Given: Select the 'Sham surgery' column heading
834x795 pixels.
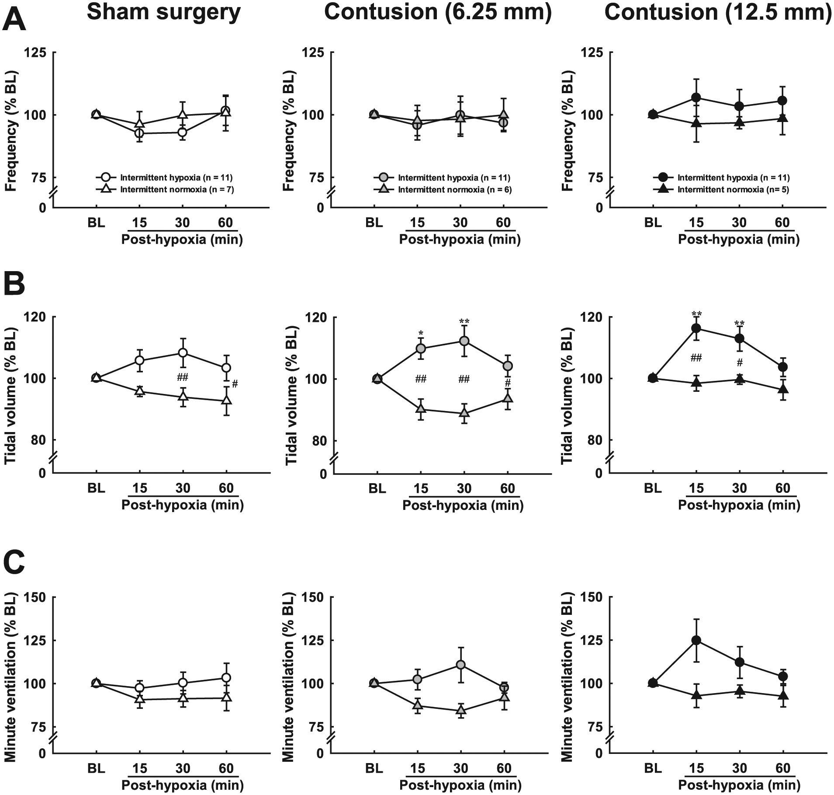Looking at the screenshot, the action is point(164,13).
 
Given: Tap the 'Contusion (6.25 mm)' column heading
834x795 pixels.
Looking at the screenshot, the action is point(438,12).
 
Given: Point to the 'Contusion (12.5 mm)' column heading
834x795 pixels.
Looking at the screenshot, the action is point(718,12).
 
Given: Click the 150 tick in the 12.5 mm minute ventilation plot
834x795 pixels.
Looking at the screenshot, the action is point(592,597).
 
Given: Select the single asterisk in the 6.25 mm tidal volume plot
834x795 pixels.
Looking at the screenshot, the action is point(421,334).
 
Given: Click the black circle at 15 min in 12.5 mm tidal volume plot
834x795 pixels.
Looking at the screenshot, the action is point(696,328).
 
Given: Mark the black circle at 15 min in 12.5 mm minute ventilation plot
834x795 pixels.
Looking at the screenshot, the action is point(696,640).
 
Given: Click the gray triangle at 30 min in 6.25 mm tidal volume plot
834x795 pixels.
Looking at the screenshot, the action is point(464,413).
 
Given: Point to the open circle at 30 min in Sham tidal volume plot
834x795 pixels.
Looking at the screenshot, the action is point(183,353).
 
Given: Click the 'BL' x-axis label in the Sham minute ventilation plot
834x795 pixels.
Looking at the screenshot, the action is point(96,768).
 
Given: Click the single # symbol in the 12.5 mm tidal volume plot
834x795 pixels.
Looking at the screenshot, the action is point(740,363).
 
